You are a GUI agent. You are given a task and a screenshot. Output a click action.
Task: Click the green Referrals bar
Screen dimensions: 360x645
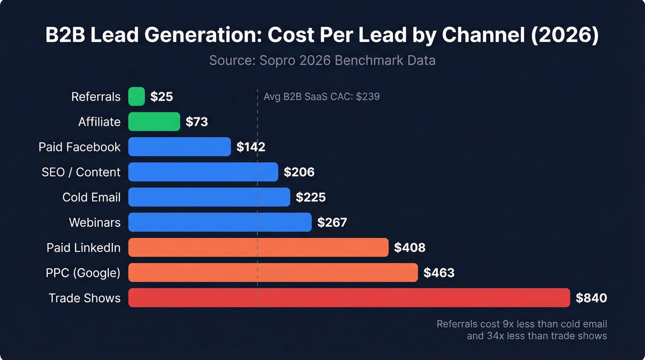pyautogui.click(x=136, y=97)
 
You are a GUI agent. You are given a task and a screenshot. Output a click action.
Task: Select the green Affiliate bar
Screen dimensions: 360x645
pyautogui.click(x=154, y=122)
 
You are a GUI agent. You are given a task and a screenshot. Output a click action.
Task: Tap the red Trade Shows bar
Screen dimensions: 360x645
pyautogui.click(x=349, y=298)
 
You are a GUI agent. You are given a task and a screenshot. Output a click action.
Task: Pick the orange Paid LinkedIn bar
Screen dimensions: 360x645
pyautogui.click(x=258, y=248)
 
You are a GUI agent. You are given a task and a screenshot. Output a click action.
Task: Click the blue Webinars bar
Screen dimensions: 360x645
pyautogui.click(x=220, y=222)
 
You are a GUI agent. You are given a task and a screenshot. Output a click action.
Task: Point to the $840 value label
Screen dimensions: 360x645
pyautogui.click(x=591, y=298)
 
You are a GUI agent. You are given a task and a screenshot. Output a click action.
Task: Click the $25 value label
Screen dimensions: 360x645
pyautogui.click(x=161, y=97)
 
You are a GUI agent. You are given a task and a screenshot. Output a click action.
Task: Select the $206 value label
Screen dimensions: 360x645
pyautogui.click(x=299, y=172)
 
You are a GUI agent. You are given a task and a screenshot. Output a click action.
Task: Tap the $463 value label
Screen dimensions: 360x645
pyautogui.click(x=439, y=273)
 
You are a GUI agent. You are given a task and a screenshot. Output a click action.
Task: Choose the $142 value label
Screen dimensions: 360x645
pyautogui.click(x=251, y=147)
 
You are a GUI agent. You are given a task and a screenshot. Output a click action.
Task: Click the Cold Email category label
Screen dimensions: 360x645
pyautogui.click(x=91, y=197)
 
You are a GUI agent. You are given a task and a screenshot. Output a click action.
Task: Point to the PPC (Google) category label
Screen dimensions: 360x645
pyautogui.click(x=83, y=273)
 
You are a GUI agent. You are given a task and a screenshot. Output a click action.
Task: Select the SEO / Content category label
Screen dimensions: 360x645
pyautogui.click(x=81, y=172)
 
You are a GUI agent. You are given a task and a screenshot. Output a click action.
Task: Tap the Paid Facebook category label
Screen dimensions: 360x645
pyautogui.click(x=79, y=147)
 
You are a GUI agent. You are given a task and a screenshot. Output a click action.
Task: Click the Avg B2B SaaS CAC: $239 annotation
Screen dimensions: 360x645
pyautogui.click(x=321, y=97)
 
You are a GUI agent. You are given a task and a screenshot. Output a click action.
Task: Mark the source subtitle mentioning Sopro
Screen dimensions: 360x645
pyautogui.click(x=322, y=60)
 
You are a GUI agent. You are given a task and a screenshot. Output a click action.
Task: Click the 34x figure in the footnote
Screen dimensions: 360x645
pyautogui.click(x=494, y=336)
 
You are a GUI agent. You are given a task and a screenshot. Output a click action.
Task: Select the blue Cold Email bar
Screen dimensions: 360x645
pyautogui.click(x=209, y=197)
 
